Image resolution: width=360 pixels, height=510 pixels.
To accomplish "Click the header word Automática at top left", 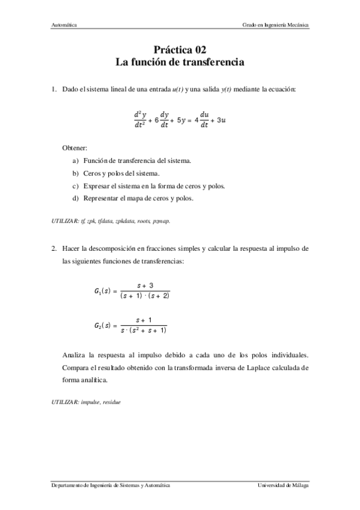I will click(x=63, y=25).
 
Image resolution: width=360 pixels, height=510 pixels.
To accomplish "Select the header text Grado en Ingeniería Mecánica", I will click(x=275, y=25).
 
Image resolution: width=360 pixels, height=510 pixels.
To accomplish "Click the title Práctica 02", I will click(x=180, y=50).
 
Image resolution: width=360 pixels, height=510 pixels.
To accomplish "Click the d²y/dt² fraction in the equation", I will click(x=140, y=119).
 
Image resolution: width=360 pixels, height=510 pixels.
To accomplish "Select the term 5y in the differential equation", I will click(x=179, y=119).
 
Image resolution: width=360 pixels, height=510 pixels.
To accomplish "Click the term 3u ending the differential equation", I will click(x=220, y=119).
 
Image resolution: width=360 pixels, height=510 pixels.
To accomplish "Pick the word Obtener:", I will click(x=75, y=148).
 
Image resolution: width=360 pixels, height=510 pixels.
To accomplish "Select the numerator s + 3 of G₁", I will click(x=144, y=285).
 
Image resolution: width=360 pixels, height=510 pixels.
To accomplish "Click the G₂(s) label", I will click(x=102, y=325).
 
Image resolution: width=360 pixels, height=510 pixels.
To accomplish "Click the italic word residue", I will click(x=111, y=402).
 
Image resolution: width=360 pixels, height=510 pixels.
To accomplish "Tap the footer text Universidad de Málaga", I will click(x=283, y=485).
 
